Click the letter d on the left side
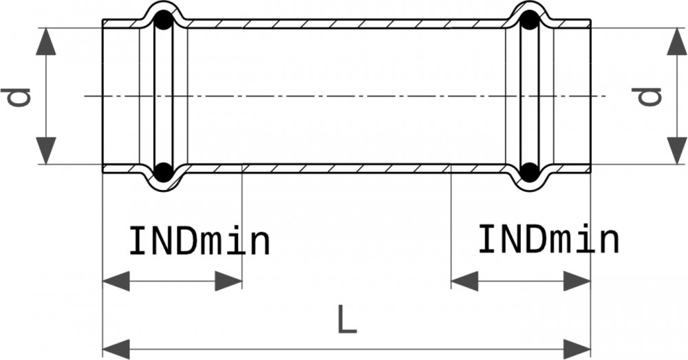coord(21,96)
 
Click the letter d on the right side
coord(648,96)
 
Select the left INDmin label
coord(200,242)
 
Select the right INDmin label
coord(548,240)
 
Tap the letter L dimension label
coord(347,320)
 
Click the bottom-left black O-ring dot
coord(162,171)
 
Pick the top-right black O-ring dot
coord(528,22)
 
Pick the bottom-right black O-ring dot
coord(528,171)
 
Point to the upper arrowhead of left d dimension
coord(46,41)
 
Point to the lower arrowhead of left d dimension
coord(46,151)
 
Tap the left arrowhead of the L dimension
coord(115,345)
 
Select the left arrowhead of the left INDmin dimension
coord(115,281)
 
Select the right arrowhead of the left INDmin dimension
coord(229,281)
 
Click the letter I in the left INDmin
coord(137,242)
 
